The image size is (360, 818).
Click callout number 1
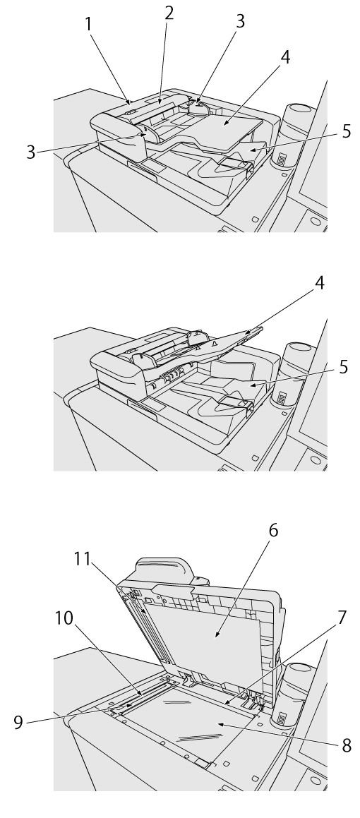coord(89,24)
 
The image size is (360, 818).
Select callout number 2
coord(169,13)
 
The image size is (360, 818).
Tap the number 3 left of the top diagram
coord(31,152)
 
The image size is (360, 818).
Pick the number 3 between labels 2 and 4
coord(240,21)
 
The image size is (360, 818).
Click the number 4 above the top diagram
coord(285,57)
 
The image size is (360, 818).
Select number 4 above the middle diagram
coord(319,283)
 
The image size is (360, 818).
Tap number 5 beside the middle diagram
coord(343,367)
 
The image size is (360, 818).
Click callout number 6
coord(273,530)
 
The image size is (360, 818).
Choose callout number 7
coord(342,617)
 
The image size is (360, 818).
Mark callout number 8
coord(347,745)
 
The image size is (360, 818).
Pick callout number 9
coord(18,723)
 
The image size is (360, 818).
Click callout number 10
coord(65,618)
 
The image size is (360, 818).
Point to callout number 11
coord(82,559)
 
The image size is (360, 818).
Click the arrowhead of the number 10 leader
coord(142,694)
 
